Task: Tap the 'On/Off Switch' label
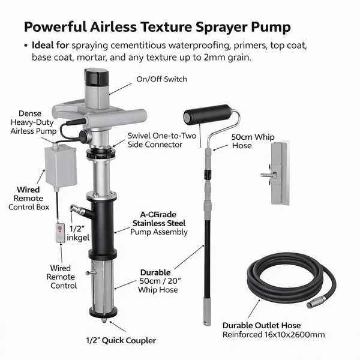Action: (161, 79)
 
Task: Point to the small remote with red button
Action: (60, 232)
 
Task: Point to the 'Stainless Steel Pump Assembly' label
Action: (160, 223)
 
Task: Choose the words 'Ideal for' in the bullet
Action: (50, 45)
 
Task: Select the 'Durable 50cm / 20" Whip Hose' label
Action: (160, 280)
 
